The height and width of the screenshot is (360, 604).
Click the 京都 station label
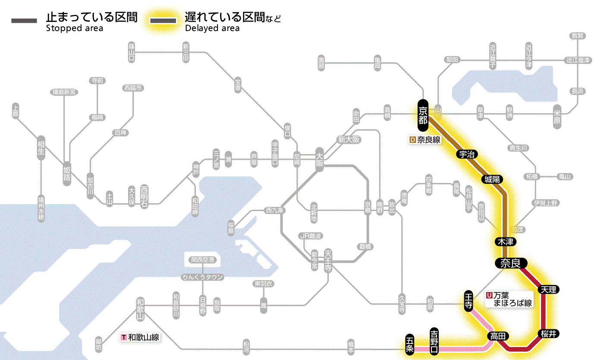[x=423, y=115]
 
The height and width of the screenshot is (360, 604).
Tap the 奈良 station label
[x=510, y=263]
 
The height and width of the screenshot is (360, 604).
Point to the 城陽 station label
[x=492, y=179]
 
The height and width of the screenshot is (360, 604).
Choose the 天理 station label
[x=549, y=289]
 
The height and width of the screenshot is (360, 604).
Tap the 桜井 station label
[x=549, y=333]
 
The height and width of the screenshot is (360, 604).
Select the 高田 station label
[x=498, y=336]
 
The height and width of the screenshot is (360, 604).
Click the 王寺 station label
[x=469, y=300]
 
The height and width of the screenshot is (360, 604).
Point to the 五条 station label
[x=409, y=344]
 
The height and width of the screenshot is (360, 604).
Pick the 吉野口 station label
[x=434, y=341]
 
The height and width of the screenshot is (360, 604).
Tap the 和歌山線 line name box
[x=140, y=337]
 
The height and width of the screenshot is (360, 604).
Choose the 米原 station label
[x=557, y=115]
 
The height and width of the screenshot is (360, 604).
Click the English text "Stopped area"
[x=75, y=28]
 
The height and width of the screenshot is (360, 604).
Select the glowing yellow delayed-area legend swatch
[x=163, y=21]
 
